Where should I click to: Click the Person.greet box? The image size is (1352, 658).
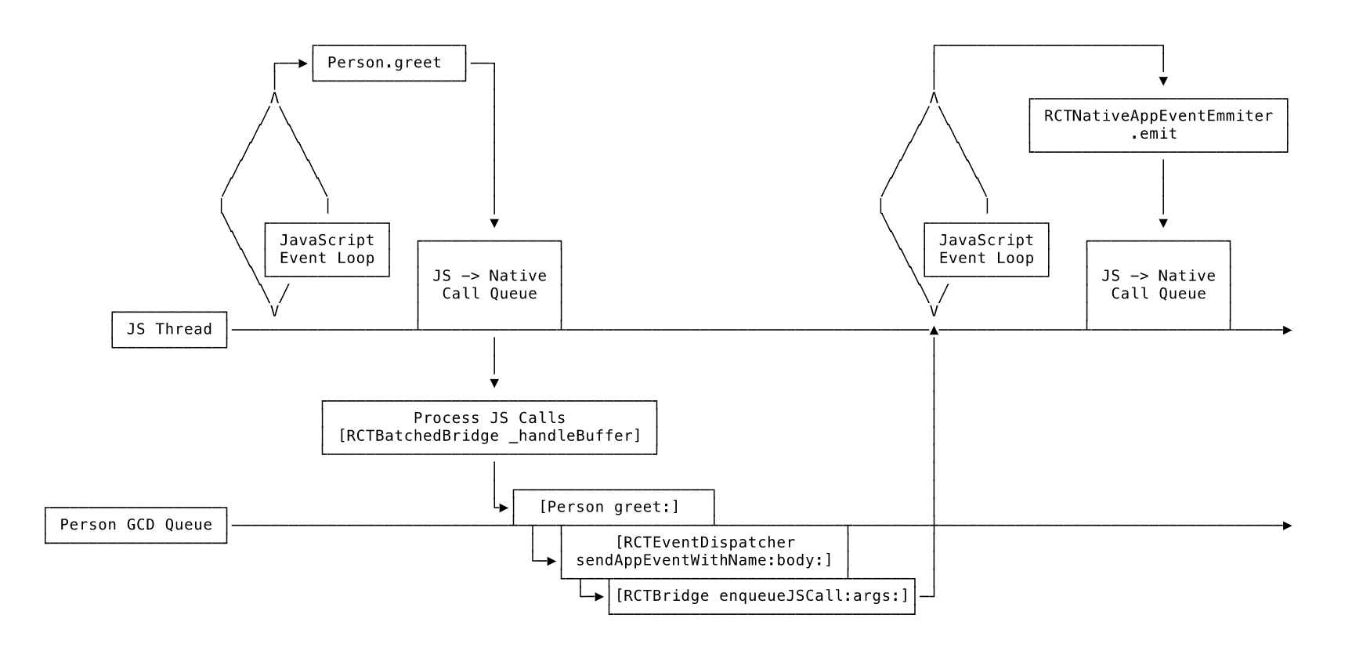tap(389, 63)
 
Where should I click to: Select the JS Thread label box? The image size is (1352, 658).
tap(169, 330)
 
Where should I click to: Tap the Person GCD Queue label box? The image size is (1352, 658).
tap(136, 525)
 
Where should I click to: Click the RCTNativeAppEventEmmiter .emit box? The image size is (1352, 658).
tap(1158, 125)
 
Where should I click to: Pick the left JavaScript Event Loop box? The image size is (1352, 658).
tap(327, 249)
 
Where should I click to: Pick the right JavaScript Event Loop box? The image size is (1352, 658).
tap(986, 249)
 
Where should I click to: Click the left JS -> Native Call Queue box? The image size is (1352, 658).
tap(490, 284)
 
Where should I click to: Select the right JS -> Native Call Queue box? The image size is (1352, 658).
tap(1158, 284)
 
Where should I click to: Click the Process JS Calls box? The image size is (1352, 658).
tap(490, 427)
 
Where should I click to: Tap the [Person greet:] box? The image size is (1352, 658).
tap(613, 507)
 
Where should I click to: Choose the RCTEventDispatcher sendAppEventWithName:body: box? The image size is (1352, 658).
tap(704, 551)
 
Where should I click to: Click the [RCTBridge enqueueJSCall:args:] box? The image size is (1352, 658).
tap(761, 596)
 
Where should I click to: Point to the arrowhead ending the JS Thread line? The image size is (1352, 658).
tap(1287, 331)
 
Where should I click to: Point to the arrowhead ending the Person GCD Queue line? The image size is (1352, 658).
tap(1287, 526)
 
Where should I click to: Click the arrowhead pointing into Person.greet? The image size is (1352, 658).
tap(304, 63)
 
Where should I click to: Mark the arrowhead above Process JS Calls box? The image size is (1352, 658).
tap(494, 384)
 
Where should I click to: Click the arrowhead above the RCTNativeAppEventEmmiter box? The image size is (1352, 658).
tap(1163, 81)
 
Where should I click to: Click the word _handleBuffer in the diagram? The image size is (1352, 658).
tap(573, 436)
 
